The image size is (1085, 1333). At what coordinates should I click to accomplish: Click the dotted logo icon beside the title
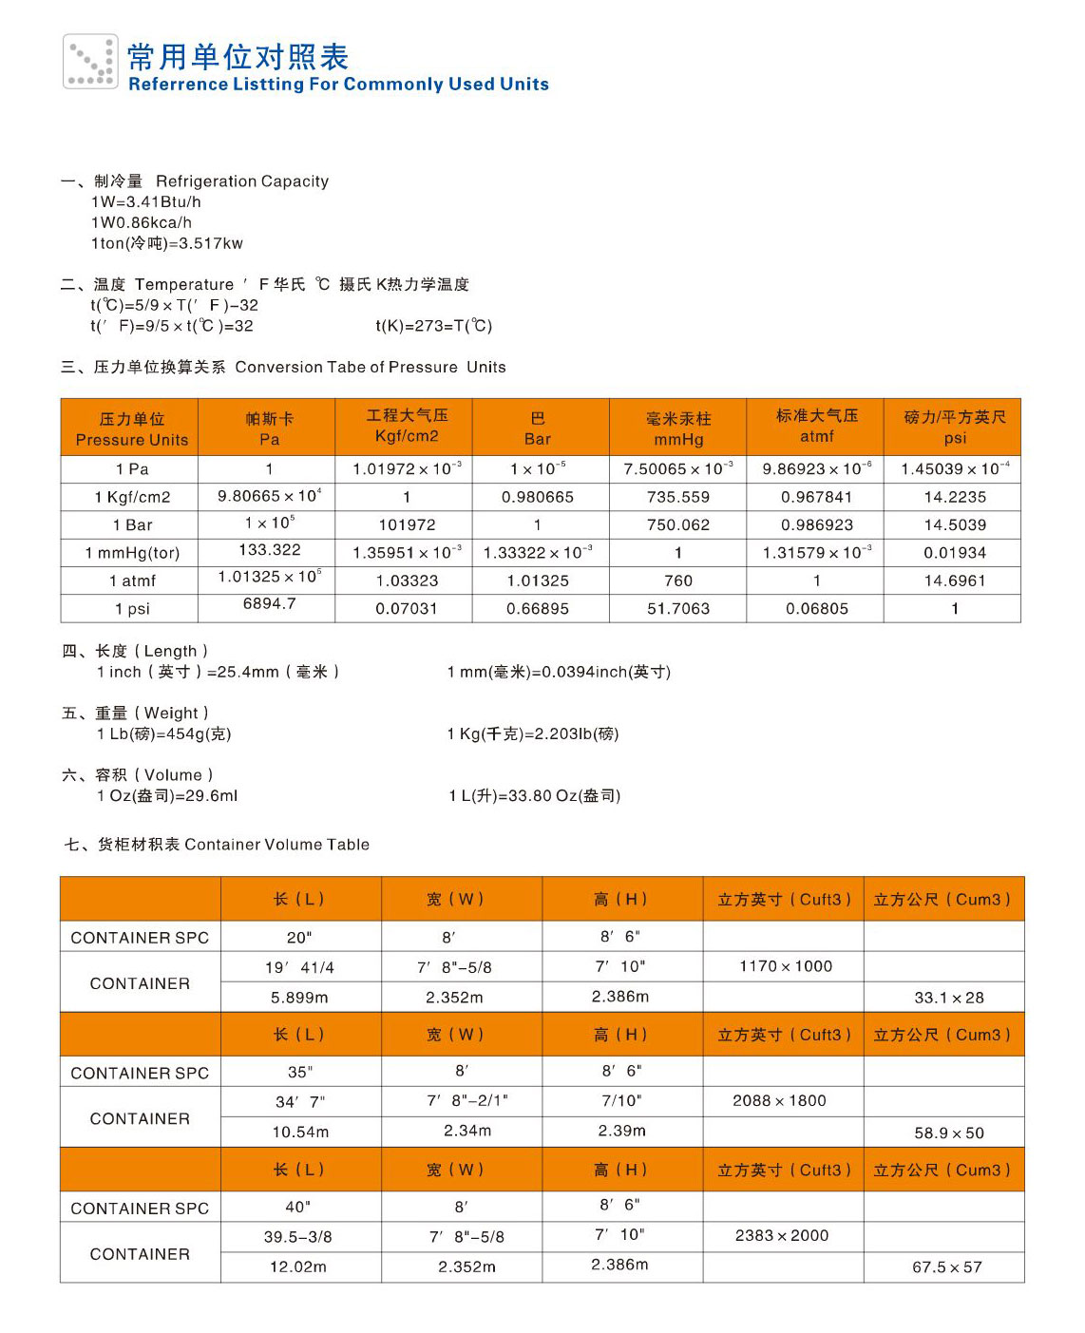(90, 62)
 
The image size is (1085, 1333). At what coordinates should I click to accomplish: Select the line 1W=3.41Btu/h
(146, 202)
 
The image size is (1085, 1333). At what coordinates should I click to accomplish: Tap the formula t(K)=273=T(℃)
(434, 326)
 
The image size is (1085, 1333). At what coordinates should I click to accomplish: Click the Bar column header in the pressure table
(538, 428)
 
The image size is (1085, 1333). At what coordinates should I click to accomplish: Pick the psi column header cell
(954, 428)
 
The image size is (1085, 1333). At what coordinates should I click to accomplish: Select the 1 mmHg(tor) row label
(132, 553)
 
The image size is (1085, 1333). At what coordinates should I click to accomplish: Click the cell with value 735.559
(678, 497)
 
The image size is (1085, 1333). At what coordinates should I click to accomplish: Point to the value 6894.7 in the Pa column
(270, 604)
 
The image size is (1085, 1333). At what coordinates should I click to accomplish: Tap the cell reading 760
(678, 581)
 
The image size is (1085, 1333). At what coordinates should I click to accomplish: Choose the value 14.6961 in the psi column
(955, 581)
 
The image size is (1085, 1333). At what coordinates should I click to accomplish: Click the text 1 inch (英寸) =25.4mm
(218, 673)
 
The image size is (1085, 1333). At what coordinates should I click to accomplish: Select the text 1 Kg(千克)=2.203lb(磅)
(533, 734)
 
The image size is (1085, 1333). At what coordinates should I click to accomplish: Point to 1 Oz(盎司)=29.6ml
(167, 796)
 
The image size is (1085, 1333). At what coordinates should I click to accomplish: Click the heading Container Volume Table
(276, 845)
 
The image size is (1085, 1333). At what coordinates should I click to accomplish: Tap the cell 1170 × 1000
(786, 966)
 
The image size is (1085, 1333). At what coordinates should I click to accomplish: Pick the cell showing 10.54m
(300, 1133)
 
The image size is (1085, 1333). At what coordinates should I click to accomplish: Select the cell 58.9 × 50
(949, 1133)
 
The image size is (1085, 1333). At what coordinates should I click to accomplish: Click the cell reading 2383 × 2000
(782, 1236)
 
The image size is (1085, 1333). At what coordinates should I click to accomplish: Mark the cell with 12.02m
(298, 1267)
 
